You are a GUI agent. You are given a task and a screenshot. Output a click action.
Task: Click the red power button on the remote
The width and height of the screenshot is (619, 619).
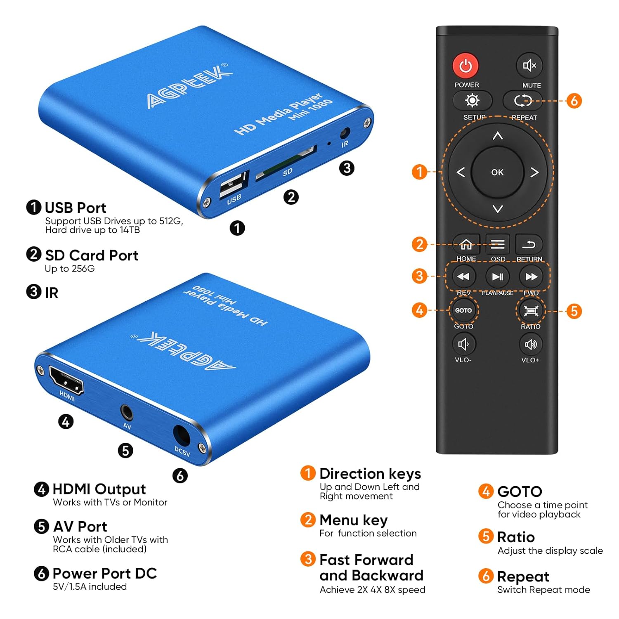465,66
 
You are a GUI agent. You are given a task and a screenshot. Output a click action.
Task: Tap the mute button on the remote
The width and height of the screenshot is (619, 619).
529,65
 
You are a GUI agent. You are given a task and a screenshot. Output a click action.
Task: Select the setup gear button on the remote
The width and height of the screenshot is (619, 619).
473,100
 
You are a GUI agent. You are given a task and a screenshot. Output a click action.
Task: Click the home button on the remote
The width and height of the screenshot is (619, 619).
466,244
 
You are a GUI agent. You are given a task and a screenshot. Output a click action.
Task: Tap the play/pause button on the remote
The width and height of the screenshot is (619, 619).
498,276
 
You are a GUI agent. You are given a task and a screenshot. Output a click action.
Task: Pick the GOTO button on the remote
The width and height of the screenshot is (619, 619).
463,310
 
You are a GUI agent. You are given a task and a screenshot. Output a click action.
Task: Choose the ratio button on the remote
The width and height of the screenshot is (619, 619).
531,311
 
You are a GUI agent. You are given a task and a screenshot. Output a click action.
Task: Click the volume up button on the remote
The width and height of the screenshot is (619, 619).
531,344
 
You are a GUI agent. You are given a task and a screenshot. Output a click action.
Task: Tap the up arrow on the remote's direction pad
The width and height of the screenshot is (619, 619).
498,135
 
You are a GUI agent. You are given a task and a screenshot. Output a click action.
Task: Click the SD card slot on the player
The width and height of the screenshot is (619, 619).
286,163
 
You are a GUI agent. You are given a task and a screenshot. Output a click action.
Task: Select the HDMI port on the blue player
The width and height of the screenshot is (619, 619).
66,380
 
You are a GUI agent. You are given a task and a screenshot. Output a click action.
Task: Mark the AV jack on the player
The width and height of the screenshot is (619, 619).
127,412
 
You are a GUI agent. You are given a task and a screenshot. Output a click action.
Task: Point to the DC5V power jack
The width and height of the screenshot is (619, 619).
182,435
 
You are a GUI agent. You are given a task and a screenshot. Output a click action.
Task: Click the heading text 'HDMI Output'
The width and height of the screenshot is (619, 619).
99,489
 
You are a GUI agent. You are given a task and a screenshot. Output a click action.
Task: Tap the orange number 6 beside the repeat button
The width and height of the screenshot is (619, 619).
574,100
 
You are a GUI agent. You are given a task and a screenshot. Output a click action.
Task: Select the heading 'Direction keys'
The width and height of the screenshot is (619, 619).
370,474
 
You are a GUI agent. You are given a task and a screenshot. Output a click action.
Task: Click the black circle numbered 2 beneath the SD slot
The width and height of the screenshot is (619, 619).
291,197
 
